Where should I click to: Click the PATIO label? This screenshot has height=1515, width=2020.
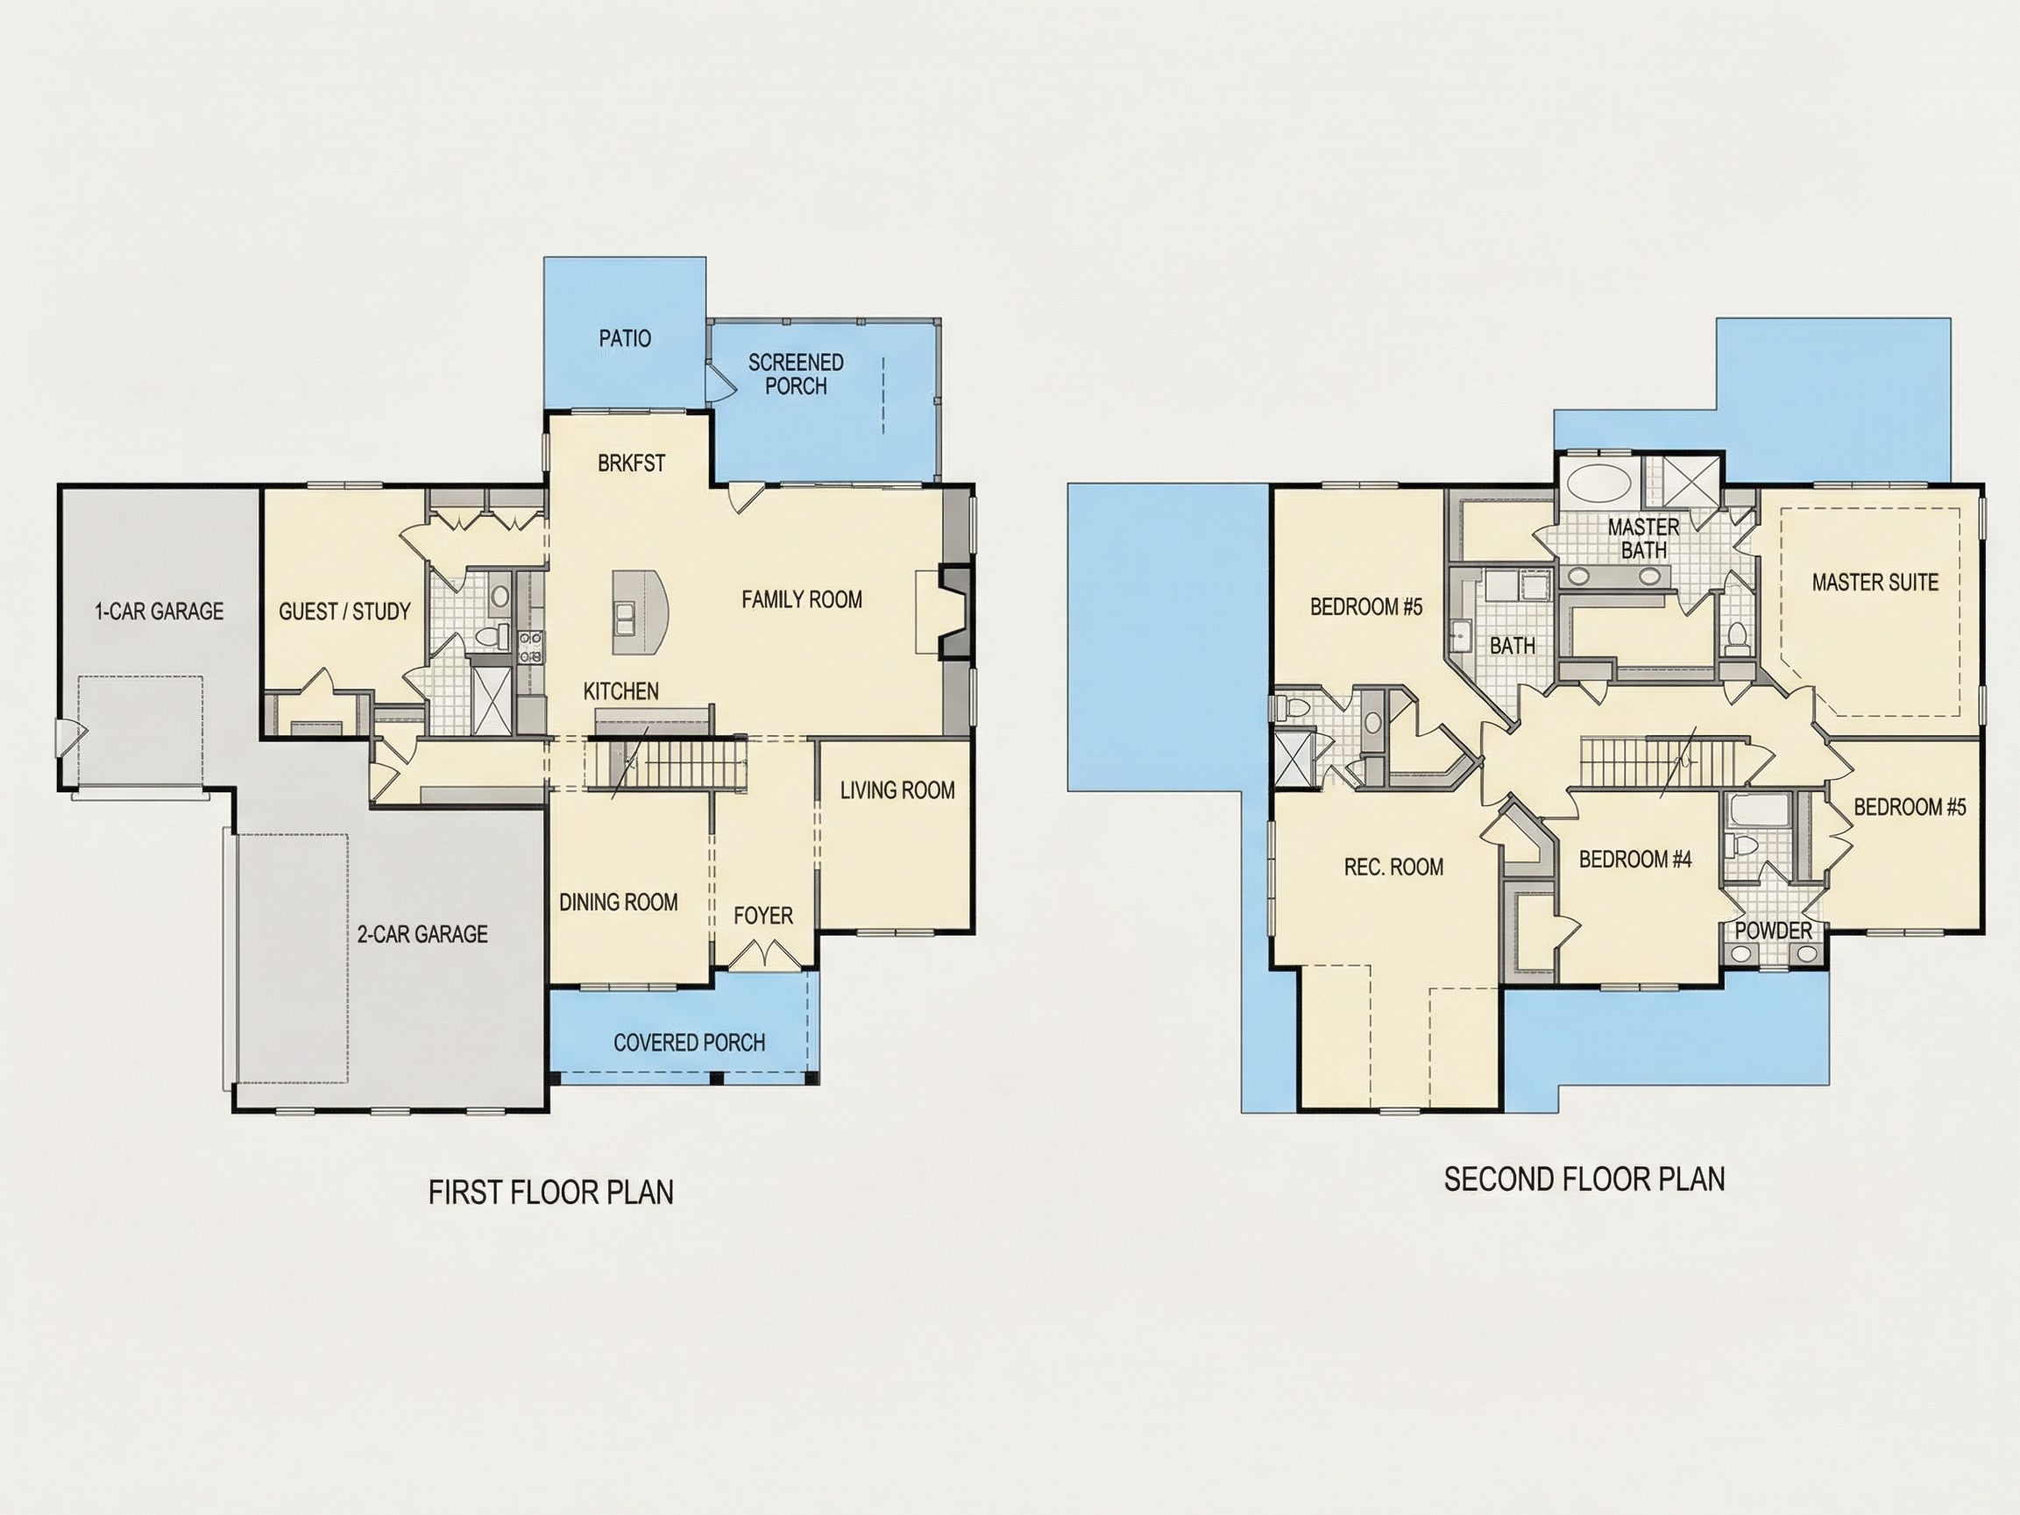(x=626, y=339)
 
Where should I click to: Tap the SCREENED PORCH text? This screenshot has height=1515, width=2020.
(x=797, y=374)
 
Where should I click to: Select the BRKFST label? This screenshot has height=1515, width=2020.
(x=632, y=464)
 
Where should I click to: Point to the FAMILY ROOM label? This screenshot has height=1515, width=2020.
(x=802, y=600)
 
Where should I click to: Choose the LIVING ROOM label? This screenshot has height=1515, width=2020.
(x=897, y=791)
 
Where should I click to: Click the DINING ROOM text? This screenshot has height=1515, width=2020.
(x=620, y=903)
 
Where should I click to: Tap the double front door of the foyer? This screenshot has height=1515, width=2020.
(x=763, y=956)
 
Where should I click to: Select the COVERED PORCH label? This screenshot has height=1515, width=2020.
(x=690, y=1043)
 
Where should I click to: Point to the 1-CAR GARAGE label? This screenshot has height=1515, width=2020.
(x=159, y=612)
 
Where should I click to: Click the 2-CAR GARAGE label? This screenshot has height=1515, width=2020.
(x=422, y=934)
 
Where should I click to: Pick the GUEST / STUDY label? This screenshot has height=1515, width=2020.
(x=345, y=612)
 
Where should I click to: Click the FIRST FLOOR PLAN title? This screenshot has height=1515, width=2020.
(x=551, y=1193)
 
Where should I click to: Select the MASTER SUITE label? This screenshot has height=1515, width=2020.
(x=1875, y=583)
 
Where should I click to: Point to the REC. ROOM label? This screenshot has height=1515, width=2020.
(x=1394, y=867)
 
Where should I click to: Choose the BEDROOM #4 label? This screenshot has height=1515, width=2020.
(x=1635, y=860)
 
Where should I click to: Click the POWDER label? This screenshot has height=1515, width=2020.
(x=1774, y=931)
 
